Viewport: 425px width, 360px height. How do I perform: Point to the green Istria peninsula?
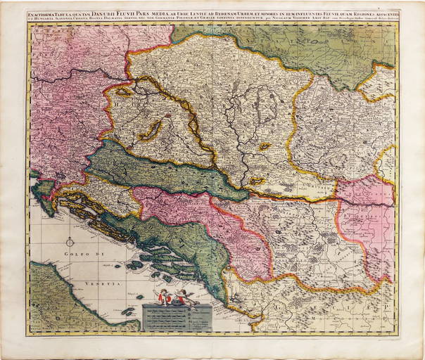click(x=43, y=188)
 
